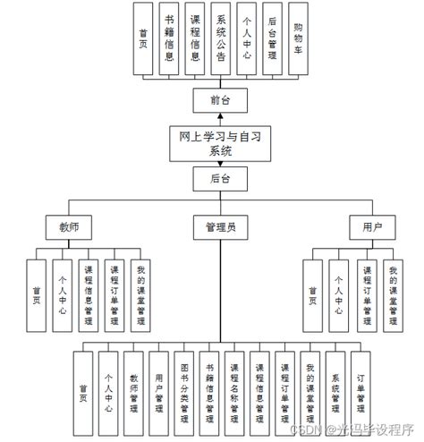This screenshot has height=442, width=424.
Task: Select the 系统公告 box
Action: [x=221, y=40]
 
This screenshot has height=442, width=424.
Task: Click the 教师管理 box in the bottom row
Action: [x=134, y=394]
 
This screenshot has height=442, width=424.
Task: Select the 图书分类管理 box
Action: [x=184, y=394]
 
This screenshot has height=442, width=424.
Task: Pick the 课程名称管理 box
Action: [x=234, y=394]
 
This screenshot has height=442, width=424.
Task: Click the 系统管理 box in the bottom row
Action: [x=335, y=394]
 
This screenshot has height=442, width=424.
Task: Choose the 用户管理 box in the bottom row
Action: [x=159, y=394]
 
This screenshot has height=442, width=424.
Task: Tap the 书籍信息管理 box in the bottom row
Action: [x=209, y=394]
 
